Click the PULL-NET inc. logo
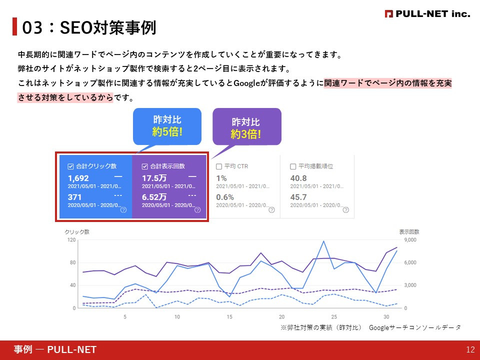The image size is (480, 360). click(x=427, y=14)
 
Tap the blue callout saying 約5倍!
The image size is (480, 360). click(x=167, y=126)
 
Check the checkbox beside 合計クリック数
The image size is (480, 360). click(x=70, y=166)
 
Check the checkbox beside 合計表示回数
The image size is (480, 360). click(x=145, y=166)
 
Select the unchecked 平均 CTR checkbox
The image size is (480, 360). click(x=219, y=166)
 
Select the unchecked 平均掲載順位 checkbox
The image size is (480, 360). click(x=293, y=166)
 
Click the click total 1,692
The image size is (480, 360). click(x=78, y=178)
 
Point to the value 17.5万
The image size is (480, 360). click(x=154, y=178)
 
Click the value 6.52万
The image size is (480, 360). click(x=154, y=197)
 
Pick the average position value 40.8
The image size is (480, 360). click(x=298, y=178)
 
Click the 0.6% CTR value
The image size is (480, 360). click(x=225, y=197)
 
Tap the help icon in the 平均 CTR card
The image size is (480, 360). click(x=271, y=210)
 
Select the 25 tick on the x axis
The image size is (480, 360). click(x=334, y=317)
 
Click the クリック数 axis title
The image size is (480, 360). click(x=77, y=232)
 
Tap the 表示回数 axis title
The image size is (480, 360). click(x=409, y=232)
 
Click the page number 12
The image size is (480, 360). click(x=469, y=350)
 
